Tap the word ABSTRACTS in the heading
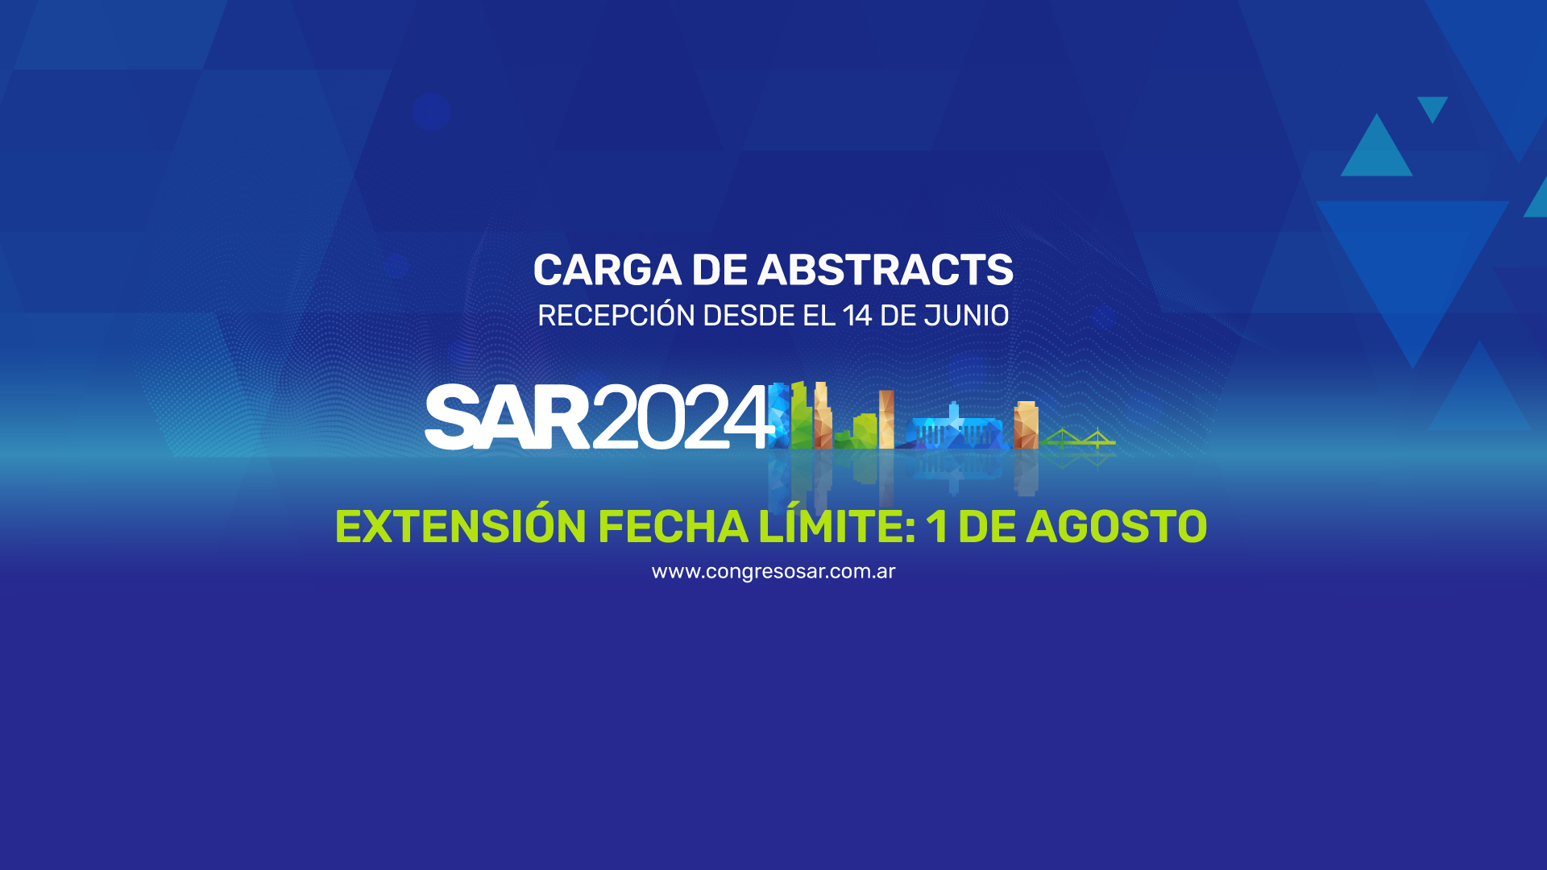pos(885,270)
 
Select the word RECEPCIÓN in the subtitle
pos(616,314)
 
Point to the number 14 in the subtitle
pos(857,316)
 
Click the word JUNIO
pos(966,316)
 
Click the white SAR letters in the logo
pos(507,416)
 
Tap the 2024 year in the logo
pos(681,416)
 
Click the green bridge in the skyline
pos(1078,438)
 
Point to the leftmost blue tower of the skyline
pos(778,415)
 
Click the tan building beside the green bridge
pos(1026,425)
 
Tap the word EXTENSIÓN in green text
pos(460,527)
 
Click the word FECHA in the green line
pos(673,527)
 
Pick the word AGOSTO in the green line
pos(1116,527)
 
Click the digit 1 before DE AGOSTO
pos(936,527)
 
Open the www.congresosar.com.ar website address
pos(773,571)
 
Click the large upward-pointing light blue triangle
pos(1376,145)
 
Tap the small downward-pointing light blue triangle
pos(1433,106)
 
